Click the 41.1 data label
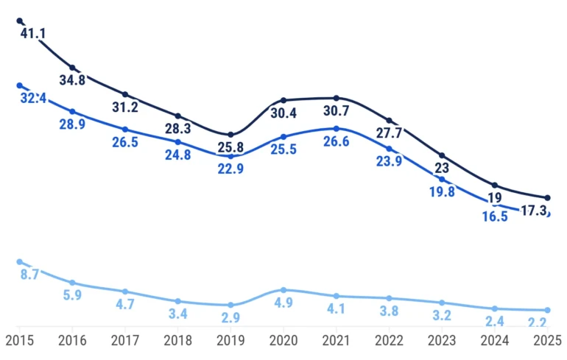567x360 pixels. pos(33,34)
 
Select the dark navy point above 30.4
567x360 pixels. pos(283,100)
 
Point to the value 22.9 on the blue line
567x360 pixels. pos(230,169)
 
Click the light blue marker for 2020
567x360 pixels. pos(283,290)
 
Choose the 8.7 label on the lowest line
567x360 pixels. pos(32,275)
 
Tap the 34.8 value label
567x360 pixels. pos(72,80)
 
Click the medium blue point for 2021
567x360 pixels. pos(337,129)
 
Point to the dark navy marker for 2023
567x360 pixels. pos(442,155)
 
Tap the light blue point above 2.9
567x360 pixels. pos(230,305)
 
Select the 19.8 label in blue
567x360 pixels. pos(442,191)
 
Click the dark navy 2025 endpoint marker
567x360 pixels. pos(547,198)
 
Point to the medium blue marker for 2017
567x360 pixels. pos(125,130)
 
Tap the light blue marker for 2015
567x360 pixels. pos(19,262)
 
